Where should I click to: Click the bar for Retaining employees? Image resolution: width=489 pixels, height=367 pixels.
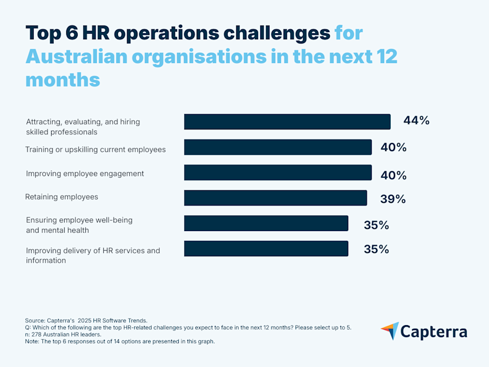click(x=275, y=198)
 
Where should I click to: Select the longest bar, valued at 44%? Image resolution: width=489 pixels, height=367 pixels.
click(x=287, y=122)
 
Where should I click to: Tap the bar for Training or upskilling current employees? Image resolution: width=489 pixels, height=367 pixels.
click(x=278, y=147)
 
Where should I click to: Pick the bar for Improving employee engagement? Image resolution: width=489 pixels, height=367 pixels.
click(x=278, y=172)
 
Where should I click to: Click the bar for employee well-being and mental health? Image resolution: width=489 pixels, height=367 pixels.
click(x=266, y=223)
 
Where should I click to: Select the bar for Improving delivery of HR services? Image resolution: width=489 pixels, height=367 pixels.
click(x=266, y=248)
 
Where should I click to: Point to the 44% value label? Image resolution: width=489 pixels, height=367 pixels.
click(x=416, y=121)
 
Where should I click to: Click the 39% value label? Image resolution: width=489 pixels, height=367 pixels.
click(x=393, y=199)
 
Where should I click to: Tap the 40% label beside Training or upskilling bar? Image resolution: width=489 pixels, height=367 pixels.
click(x=393, y=148)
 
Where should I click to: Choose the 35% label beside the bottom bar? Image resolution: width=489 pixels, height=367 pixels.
click(x=376, y=249)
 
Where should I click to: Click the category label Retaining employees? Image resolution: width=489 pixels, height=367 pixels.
click(x=61, y=197)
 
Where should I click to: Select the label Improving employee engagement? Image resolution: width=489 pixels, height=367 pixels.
click(x=85, y=173)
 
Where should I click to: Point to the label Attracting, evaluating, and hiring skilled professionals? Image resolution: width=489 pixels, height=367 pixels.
click(x=83, y=127)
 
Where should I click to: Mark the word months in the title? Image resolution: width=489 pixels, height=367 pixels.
click(x=62, y=80)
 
